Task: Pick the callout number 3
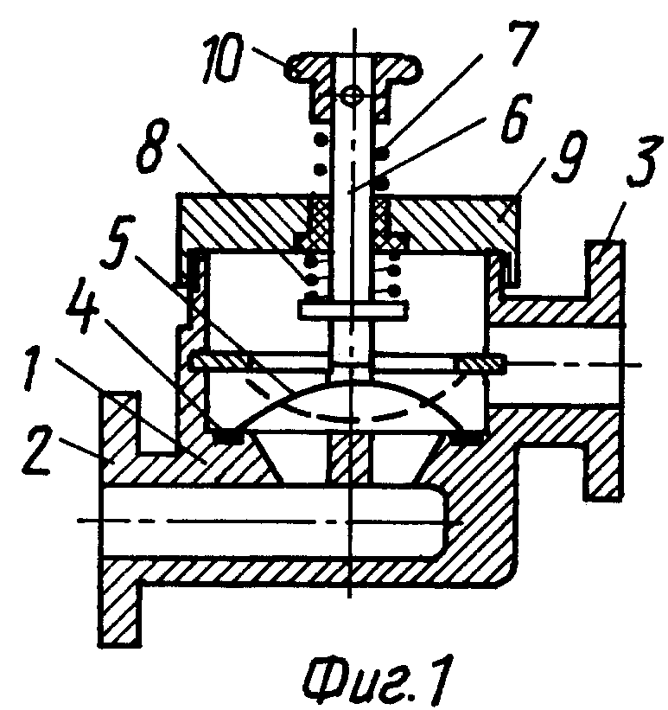coord(639,161)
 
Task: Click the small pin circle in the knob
coord(352,95)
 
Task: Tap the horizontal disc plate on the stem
coord(353,310)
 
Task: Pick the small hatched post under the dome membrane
coord(352,458)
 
